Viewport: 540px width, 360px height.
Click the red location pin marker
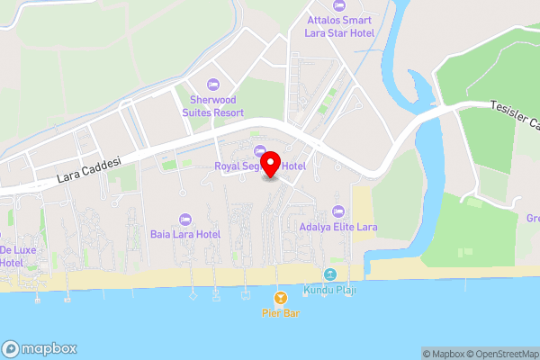coord(275,162)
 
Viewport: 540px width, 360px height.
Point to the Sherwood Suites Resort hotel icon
coord(212,84)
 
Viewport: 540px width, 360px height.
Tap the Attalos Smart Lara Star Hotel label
coord(339,25)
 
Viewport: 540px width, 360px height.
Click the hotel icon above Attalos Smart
coord(339,4)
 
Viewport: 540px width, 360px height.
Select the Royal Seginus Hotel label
coord(260,166)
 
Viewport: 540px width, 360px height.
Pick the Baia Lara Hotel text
coord(185,234)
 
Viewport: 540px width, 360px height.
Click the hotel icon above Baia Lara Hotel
coord(185,219)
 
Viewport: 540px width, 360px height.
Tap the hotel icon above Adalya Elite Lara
coord(337,211)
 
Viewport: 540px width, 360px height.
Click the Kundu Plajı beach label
coord(330,291)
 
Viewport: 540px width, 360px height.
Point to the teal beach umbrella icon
coord(330,274)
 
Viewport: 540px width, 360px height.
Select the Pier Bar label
coord(280,313)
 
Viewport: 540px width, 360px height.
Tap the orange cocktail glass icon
coord(280,297)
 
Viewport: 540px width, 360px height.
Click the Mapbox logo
coord(40,348)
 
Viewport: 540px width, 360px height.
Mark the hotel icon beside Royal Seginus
coord(260,150)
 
